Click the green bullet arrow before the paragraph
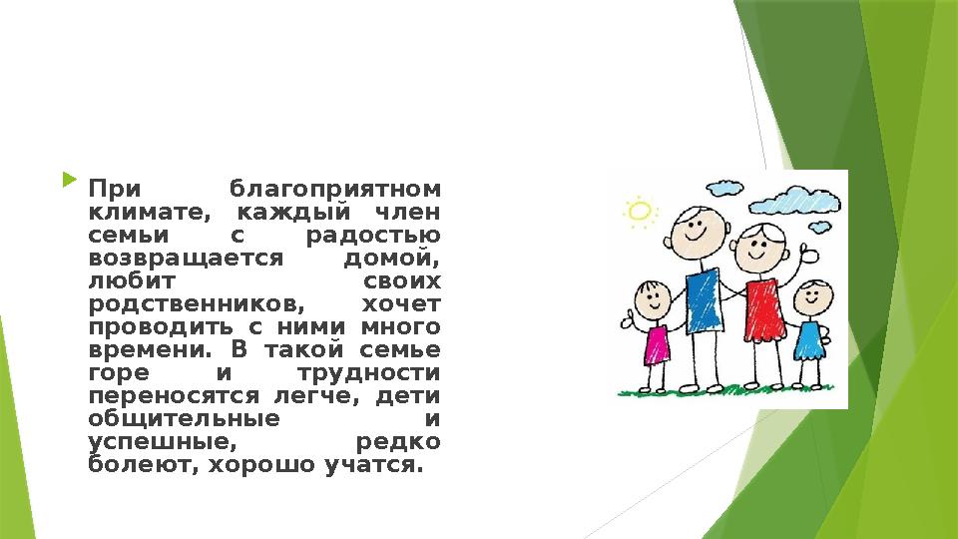coord(68,182)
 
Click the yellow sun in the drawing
coord(640,211)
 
